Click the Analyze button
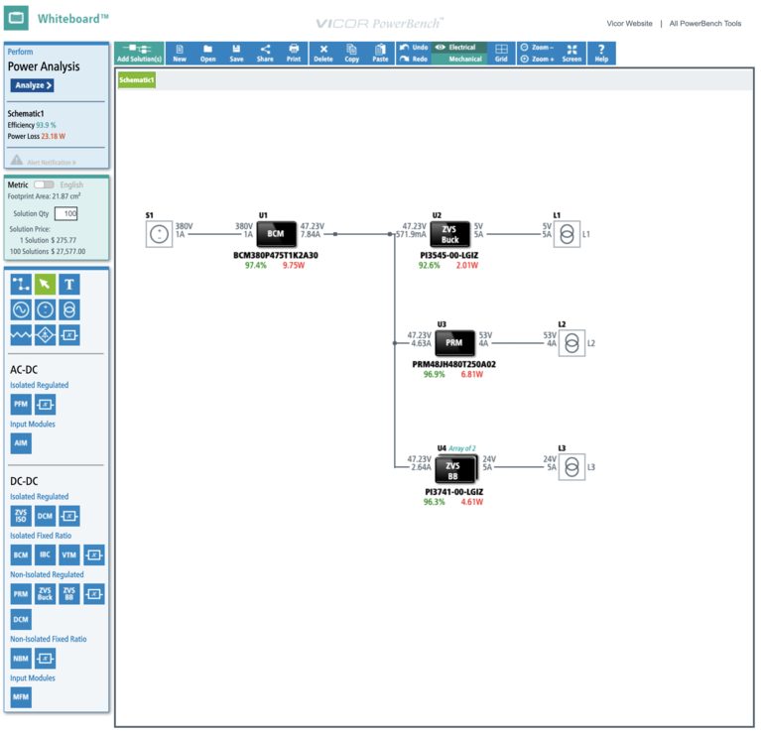pyautogui.click(x=32, y=85)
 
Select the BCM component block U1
pyautogui.click(x=276, y=234)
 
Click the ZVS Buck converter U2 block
pyautogui.click(x=449, y=234)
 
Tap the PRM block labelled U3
pyautogui.click(x=453, y=342)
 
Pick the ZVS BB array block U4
pyautogui.click(x=453, y=468)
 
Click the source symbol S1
pyautogui.click(x=158, y=234)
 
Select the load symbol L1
pyautogui.click(x=567, y=234)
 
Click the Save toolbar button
pyautogui.click(x=236, y=53)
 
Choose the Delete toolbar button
pyautogui.click(x=323, y=53)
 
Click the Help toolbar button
pyautogui.click(x=601, y=53)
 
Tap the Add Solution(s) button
pyautogui.click(x=139, y=53)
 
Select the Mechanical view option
pyautogui.click(x=464, y=60)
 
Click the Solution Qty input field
pyautogui.click(x=65, y=213)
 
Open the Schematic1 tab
pyautogui.click(x=137, y=79)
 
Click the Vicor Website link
pyautogui.click(x=629, y=23)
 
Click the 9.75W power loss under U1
pyautogui.click(x=294, y=266)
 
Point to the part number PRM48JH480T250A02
pyautogui.click(x=453, y=364)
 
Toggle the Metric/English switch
pyautogui.click(x=44, y=184)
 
